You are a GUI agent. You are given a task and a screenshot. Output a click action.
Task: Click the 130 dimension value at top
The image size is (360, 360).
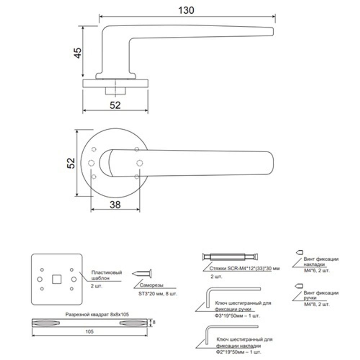click(x=187, y=10)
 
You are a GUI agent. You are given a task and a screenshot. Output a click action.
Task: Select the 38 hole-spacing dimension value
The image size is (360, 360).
click(x=115, y=204)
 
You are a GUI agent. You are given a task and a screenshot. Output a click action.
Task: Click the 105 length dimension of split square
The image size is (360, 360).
click(x=90, y=332)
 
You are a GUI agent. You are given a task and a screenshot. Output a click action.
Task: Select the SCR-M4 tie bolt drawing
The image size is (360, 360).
click(x=230, y=257)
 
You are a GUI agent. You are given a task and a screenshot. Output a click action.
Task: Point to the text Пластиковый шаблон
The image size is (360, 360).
click(x=107, y=275)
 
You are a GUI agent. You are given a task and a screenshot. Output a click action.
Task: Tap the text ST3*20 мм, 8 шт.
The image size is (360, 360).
click(x=158, y=293)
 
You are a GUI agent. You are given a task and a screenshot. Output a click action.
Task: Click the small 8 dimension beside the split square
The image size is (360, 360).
click(x=154, y=322)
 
